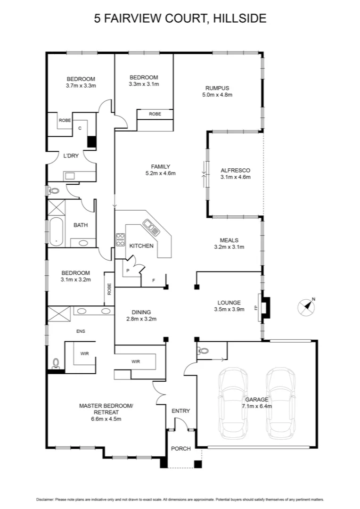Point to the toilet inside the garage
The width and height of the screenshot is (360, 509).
pyautogui.click(x=204, y=351)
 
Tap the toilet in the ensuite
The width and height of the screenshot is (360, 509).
pyautogui.click(x=56, y=363)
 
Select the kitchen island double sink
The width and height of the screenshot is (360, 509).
pyautogui.click(x=152, y=229)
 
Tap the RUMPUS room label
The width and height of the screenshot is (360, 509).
pyautogui.click(x=217, y=88)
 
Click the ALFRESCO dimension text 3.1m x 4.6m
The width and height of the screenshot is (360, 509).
pyautogui.click(x=235, y=177)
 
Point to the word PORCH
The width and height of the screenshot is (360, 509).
pyautogui.click(x=180, y=449)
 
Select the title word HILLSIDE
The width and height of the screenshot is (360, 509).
pyautogui.click(x=240, y=19)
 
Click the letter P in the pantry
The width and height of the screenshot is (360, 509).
pyautogui.click(x=128, y=271)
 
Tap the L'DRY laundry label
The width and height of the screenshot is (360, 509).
pyautogui.click(x=71, y=156)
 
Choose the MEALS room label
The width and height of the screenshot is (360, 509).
pyautogui.click(x=229, y=240)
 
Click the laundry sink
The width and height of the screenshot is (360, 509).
pyautogui.click(x=70, y=176)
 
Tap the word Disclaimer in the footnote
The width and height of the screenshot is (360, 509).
pyautogui.click(x=45, y=499)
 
